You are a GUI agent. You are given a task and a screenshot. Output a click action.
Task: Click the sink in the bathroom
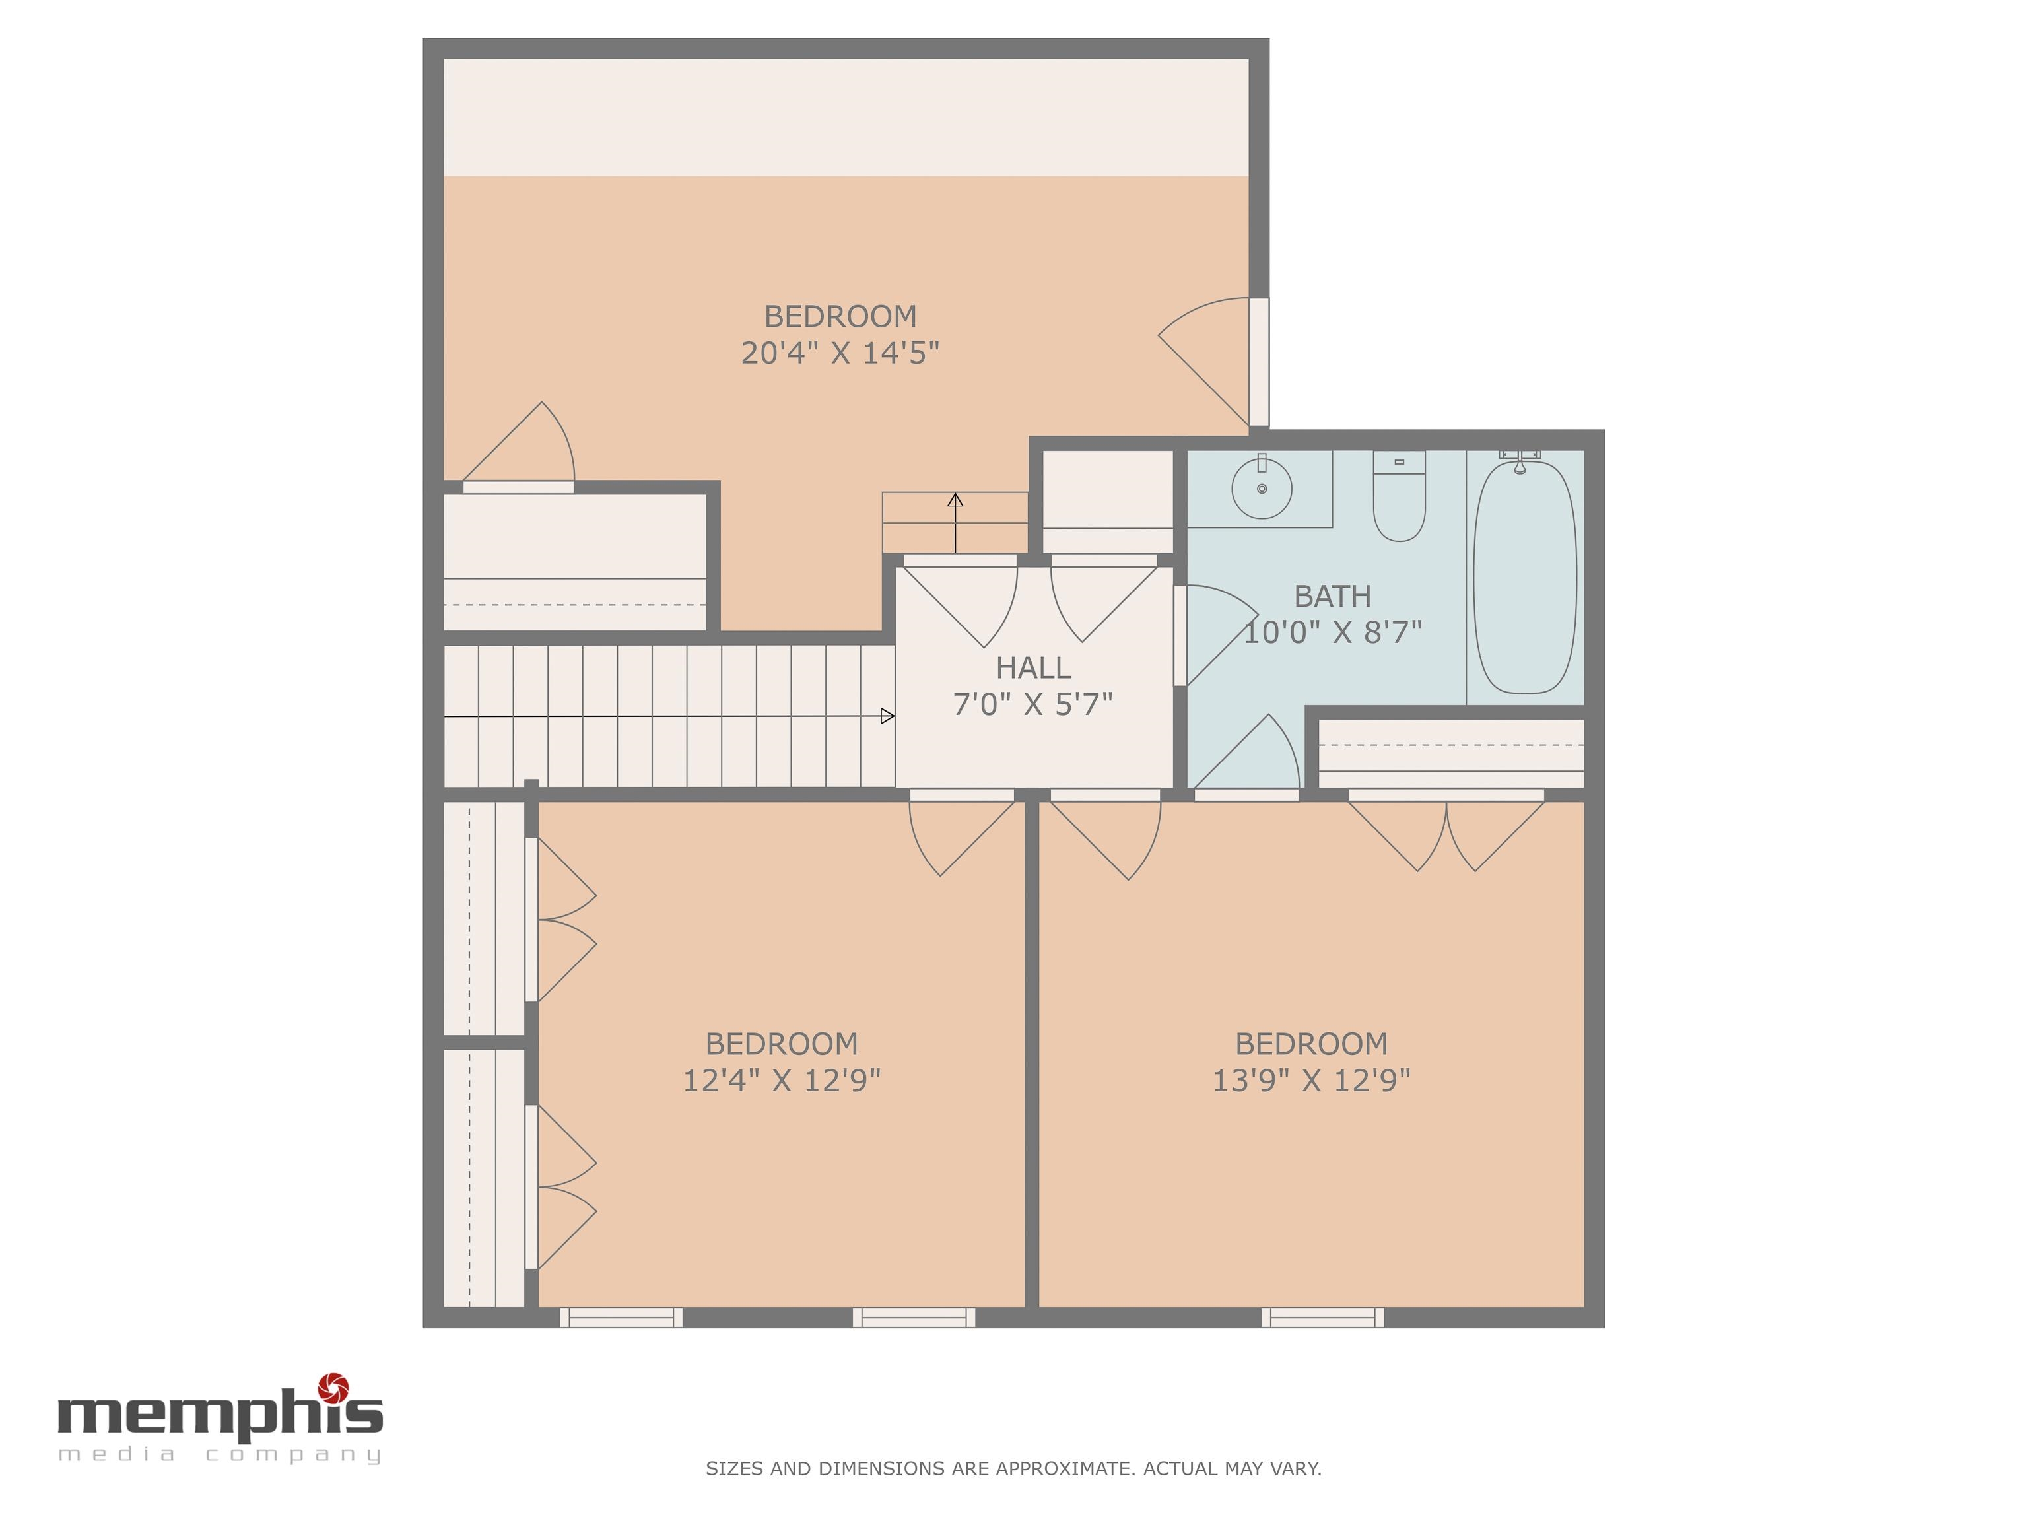coord(1262,489)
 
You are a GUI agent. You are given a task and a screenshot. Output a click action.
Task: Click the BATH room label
coord(1332,596)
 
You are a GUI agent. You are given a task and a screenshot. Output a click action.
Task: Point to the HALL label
coord(1033,667)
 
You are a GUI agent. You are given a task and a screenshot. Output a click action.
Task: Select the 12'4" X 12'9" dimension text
coord(781,1080)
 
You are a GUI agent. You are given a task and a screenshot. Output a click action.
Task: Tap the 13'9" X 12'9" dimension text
coord(1311,1080)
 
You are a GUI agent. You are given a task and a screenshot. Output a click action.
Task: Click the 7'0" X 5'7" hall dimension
coord(1032,704)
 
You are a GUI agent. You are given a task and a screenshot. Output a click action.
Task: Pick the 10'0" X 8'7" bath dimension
coord(1332,632)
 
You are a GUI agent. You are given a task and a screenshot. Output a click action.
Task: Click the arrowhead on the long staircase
coord(887,716)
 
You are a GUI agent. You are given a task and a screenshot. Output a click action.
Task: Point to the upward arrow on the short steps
coord(955,523)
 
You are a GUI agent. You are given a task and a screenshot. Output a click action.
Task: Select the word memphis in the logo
coord(220,1415)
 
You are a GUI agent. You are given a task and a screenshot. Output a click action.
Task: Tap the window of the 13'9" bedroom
coord(1322,1318)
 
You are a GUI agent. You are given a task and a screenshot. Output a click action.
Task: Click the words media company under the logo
coord(220,1455)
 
